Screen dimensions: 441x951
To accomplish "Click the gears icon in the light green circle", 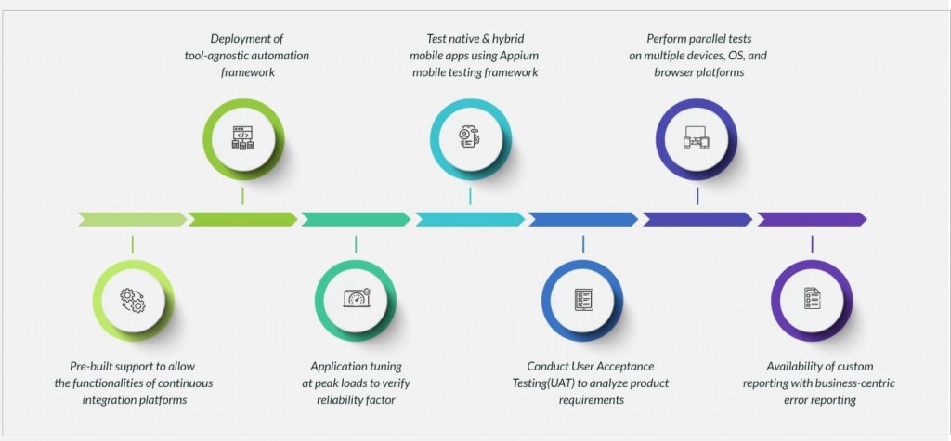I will point(132,299).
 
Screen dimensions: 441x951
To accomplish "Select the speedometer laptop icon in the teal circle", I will point(356,299).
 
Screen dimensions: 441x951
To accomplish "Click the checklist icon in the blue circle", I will point(583,299).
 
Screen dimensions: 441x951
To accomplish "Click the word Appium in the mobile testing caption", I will point(519,56).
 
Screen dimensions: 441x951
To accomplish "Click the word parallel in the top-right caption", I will point(706,39).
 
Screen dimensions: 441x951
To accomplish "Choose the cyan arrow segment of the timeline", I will point(469,220).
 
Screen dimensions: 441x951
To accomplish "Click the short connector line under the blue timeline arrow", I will point(583,244).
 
